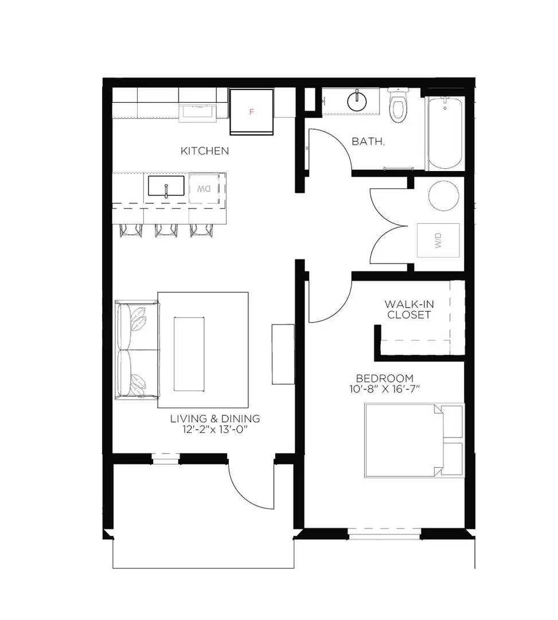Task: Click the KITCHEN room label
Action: [x=205, y=151]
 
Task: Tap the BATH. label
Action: [x=368, y=141]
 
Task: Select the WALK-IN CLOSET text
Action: [x=408, y=309]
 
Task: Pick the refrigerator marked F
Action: [x=251, y=112]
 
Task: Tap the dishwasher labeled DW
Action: [x=205, y=188]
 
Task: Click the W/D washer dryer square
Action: [x=438, y=241]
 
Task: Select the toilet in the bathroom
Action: [x=397, y=107]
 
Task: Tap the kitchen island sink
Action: [x=166, y=187]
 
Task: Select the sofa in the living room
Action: [x=136, y=350]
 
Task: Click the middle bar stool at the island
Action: [x=166, y=229]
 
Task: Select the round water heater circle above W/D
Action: [x=443, y=195]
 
